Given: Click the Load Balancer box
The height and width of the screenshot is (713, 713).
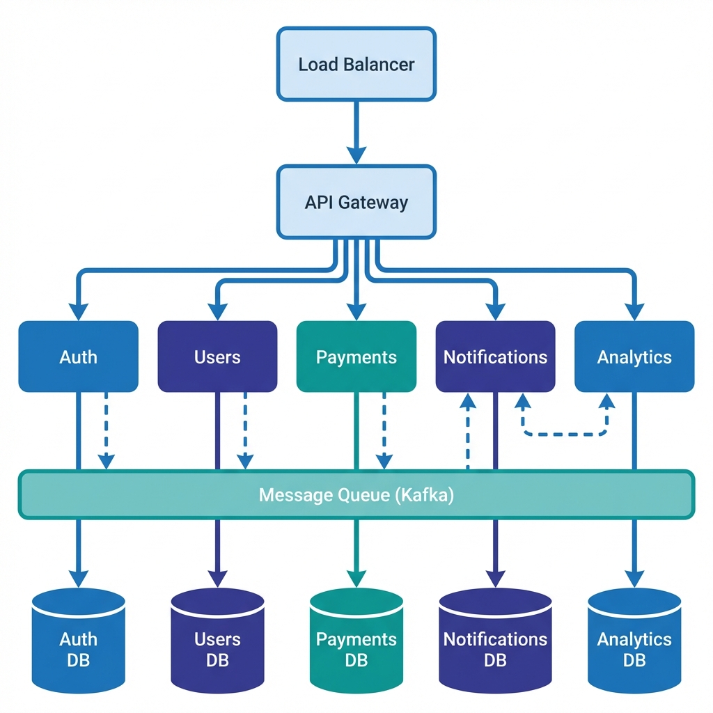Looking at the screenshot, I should (356, 64).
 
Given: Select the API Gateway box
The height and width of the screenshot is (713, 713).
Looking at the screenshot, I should (356, 202).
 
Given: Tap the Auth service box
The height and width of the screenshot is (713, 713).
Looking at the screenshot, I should (78, 356).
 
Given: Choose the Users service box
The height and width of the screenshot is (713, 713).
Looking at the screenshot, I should (217, 356).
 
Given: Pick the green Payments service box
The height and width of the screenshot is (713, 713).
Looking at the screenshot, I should (356, 356).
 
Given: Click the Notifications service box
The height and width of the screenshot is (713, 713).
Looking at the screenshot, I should (495, 356).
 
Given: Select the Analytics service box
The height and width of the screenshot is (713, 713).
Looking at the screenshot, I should (634, 356).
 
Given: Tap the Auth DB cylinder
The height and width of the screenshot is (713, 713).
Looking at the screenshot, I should (78, 641).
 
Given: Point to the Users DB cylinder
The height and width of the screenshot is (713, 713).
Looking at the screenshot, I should (217, 641).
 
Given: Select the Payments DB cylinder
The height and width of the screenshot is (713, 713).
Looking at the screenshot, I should (356, 641).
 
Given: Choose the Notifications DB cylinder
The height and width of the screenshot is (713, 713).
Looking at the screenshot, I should (495, 641).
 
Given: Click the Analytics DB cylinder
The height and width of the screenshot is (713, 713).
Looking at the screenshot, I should (634, 641).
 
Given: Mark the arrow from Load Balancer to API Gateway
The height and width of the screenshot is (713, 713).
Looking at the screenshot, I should (356, 132).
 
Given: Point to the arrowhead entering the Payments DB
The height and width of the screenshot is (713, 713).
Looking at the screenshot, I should (356, 578).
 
